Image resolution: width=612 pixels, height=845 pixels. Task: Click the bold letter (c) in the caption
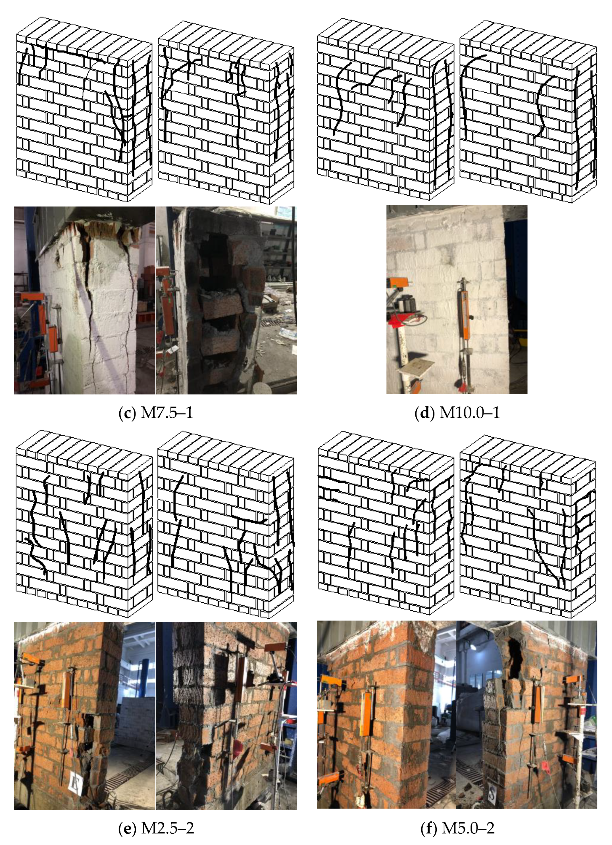[127, 413]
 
